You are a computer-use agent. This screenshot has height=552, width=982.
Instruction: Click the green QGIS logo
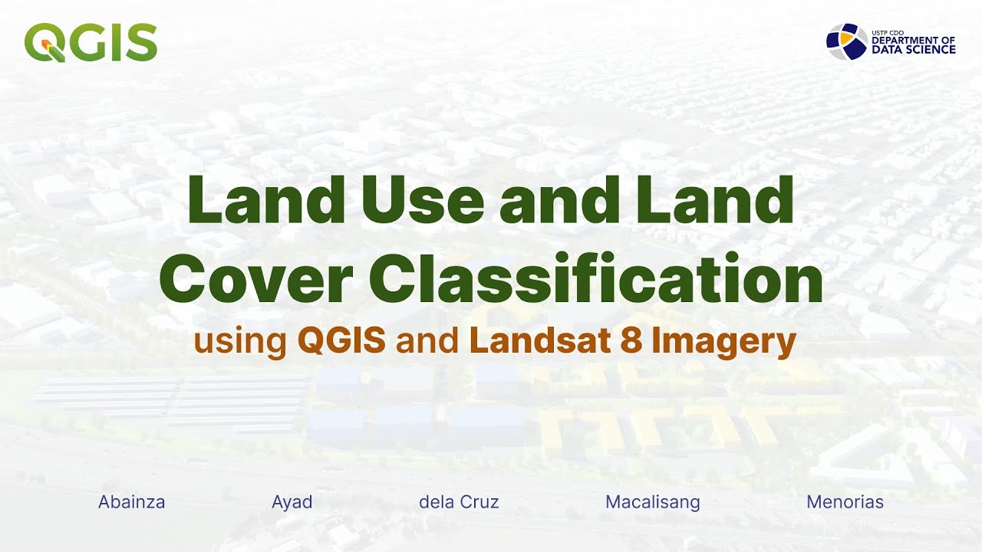click(x=91, y=42)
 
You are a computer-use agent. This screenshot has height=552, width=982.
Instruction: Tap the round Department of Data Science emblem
click(x=847, y=41)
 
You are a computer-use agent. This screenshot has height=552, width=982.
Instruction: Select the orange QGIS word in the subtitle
click(x=341, y=341)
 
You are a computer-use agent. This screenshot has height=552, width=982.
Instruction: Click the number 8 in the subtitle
click(x=631, y=341)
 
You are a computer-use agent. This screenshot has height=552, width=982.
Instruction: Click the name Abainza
click(x=132, y=502)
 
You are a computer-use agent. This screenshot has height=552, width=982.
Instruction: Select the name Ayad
click(x=292, y=502)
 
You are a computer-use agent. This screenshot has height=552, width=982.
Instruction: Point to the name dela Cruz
click(x=459, y=502)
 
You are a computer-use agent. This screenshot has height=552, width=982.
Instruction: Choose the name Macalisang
click(x=653, y=502)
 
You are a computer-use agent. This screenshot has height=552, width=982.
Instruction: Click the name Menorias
click(x=845, y=502)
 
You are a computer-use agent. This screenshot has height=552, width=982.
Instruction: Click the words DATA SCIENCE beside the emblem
click(x=913, y=50)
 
